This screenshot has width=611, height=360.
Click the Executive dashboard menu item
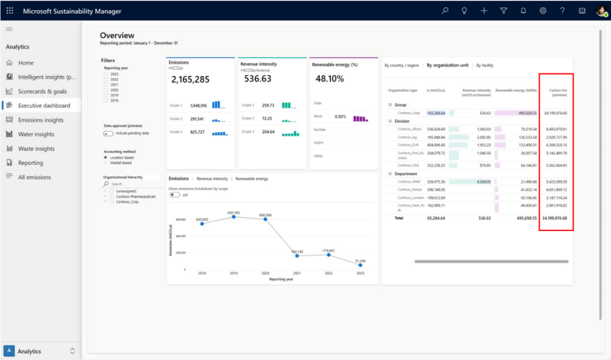[x=43, y=105]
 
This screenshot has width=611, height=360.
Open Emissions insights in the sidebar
[x=41, y=120]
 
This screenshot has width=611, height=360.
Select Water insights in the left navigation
[x=36, y=134]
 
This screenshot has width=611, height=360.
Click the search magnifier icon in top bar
[x=445, y=11]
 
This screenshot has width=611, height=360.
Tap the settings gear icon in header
[x=543, y=11]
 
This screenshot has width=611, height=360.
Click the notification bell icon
[x=523, y=11]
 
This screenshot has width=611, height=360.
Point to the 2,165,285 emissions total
[x=190, y=79]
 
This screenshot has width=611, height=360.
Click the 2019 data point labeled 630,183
[x=234, y=216]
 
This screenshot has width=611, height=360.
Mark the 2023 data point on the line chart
[x=360, y=266]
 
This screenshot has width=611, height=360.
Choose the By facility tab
[x=484, y=65]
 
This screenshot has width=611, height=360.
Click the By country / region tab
[x=402, y=65]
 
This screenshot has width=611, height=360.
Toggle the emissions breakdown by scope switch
[x=174, y=195]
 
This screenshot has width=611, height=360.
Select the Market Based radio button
[x=106, y=162]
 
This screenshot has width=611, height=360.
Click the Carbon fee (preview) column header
[x=557, y=92]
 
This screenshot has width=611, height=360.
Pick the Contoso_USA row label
[x=409, y=165]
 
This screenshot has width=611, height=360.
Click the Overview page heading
[x=117, y=35]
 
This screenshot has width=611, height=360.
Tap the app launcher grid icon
[x=10, y=11]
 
